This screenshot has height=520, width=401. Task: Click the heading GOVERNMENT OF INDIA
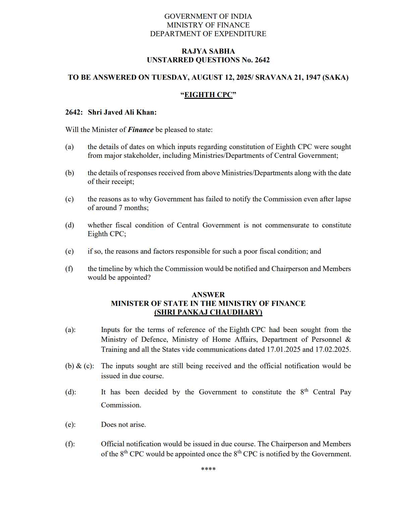pos(208,16)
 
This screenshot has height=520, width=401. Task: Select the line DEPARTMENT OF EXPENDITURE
pos(208,34)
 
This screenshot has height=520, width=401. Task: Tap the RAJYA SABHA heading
pos(208,51)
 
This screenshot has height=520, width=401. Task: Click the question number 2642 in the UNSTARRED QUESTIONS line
pos(262,60)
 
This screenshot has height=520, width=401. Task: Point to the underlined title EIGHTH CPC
pos(208,95)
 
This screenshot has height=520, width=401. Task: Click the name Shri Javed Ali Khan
pos(122,112)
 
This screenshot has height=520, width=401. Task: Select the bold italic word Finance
pos(140,130)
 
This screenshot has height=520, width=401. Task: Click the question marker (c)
pos(69,199)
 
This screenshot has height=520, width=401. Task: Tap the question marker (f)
pos(69,269)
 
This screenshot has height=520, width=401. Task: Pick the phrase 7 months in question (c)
pos(133,208)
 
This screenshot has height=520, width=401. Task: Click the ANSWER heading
pos(208,295)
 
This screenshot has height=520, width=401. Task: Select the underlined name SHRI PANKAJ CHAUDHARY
pos(208,312)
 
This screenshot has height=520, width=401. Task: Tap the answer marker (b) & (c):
pos(79,366)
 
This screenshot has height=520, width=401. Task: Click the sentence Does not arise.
pos(123,425)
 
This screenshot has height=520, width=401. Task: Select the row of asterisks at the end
pos(208,469)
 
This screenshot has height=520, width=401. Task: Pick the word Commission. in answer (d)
pos(121,405)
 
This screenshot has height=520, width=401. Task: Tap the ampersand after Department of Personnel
pos(348,339)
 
